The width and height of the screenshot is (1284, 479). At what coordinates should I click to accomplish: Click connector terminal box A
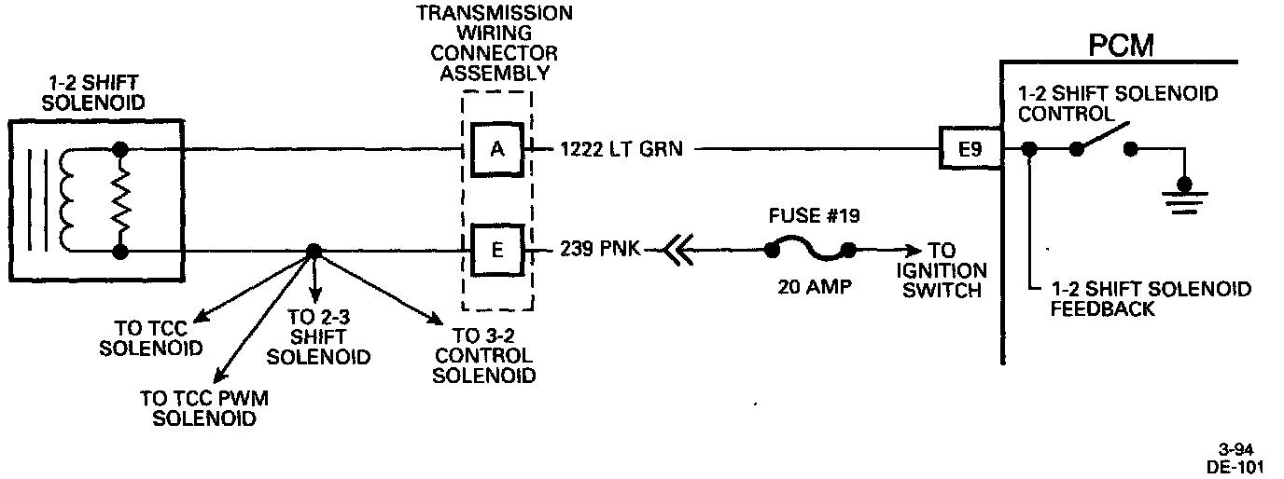point(496,147)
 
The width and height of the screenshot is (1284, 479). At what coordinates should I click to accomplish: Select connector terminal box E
point(496,249)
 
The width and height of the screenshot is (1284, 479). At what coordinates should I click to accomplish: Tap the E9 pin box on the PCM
point(970,147)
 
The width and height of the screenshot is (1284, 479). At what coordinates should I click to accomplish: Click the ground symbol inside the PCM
point(1184,192)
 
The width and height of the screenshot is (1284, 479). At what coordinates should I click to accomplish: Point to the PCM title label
point(1121,45)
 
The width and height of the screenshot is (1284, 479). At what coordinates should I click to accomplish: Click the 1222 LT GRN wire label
point(621,148)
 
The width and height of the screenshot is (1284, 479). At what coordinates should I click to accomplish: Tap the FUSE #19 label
point(814,215)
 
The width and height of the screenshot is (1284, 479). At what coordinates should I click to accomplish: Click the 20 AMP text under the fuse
point(813,286)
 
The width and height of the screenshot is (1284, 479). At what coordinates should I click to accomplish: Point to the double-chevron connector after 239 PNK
point(676,250)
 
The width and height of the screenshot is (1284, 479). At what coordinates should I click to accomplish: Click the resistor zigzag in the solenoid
point(119,199)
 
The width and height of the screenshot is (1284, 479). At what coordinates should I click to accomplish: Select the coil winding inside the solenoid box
point(69,199)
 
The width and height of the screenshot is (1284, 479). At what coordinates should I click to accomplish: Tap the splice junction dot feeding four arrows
point(314,251)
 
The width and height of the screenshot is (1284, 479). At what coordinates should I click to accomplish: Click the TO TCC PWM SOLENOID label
point(204,408)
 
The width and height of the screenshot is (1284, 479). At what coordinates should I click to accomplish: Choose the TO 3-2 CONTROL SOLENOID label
point(484,357)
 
